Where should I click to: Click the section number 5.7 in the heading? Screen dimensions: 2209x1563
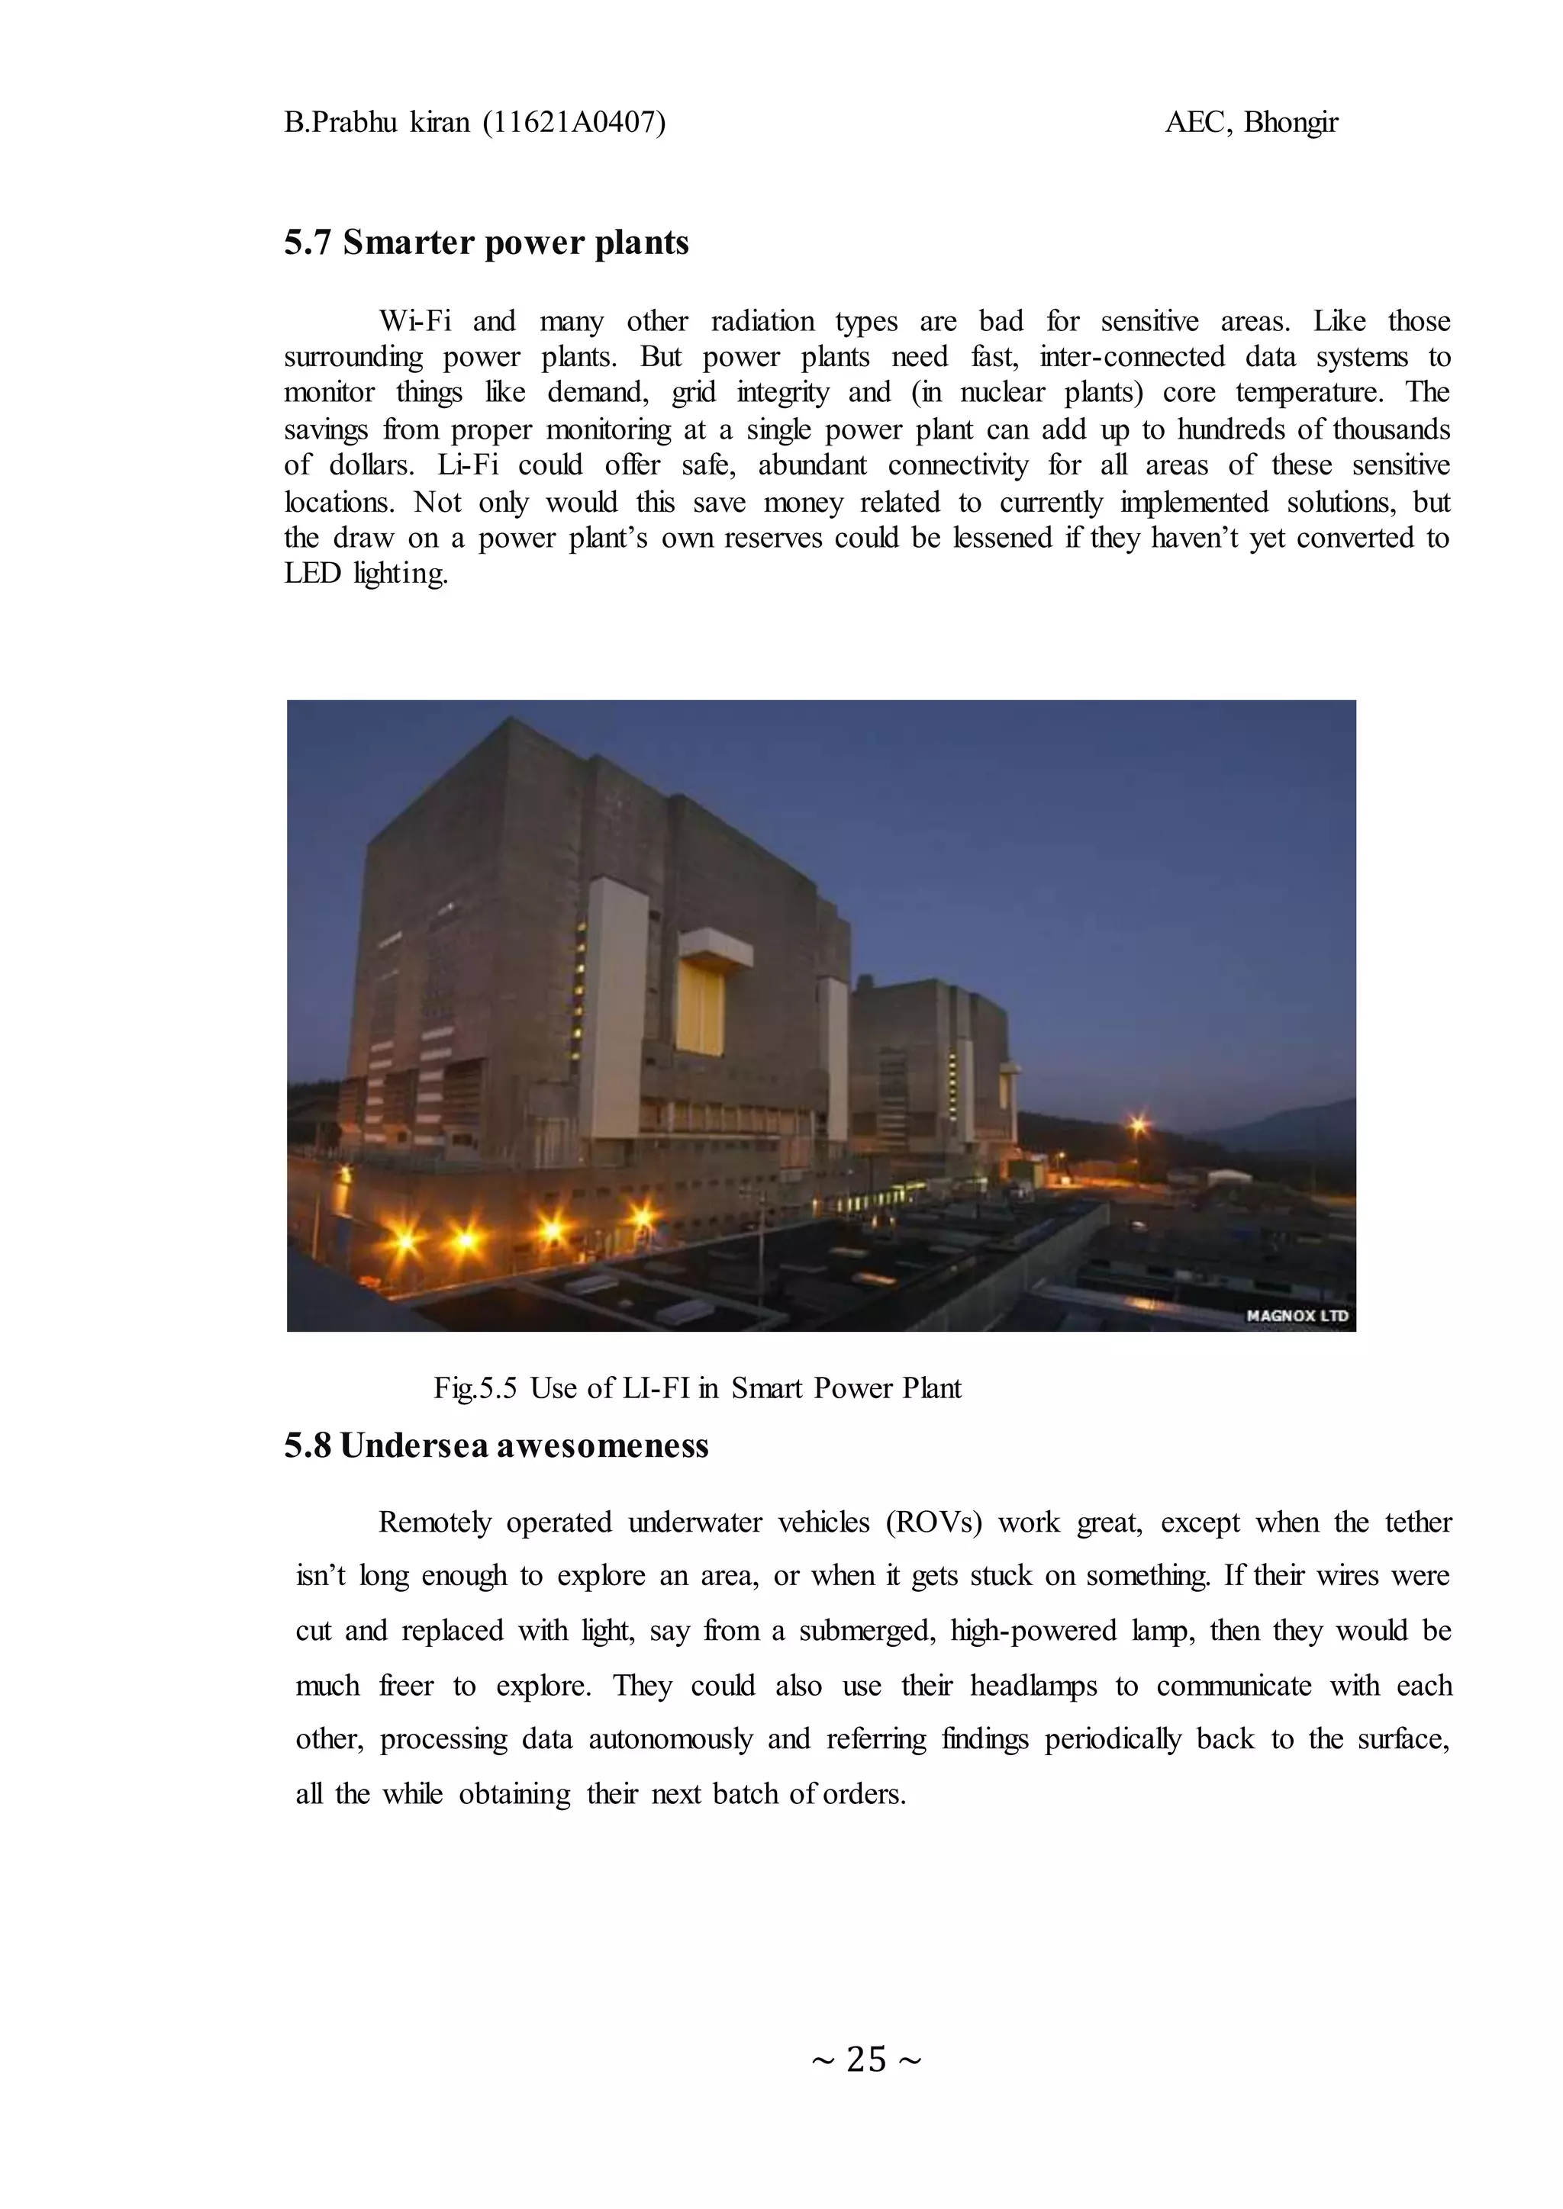[308, 243]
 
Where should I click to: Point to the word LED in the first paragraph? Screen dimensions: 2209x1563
[312, 574]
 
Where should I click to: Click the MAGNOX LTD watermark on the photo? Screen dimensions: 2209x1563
[1297, 1315]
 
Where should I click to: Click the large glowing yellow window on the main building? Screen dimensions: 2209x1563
[700, 1008]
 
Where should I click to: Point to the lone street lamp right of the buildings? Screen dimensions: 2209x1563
[1139, 1124]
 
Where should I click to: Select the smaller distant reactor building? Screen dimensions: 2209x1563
[929, 1058]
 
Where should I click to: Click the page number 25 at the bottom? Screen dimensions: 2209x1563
[865, 2059]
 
